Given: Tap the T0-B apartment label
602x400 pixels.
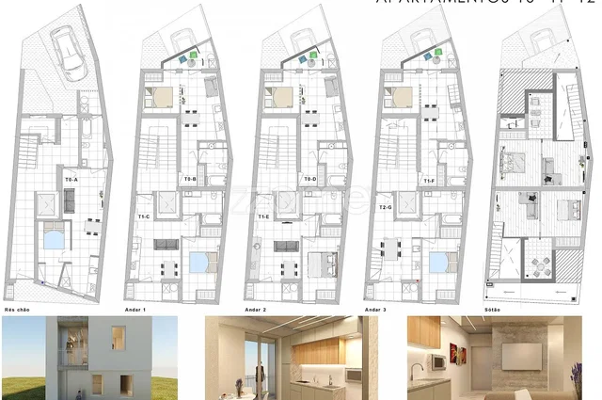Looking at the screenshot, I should pos(189,178).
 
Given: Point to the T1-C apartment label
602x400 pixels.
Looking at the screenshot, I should pos(145,216).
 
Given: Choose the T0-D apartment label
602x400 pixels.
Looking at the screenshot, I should pos(309,178).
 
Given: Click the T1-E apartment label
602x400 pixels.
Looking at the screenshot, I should pos(264,216).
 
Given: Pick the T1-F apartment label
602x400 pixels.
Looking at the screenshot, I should pos(429,180).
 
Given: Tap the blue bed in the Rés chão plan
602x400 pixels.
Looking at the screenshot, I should pos(54,237).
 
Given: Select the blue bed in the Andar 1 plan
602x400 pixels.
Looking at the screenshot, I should pos(198,262).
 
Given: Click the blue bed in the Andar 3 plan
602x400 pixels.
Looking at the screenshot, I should pos(438,262).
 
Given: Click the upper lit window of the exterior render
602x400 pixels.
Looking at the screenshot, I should pos(119,335).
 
